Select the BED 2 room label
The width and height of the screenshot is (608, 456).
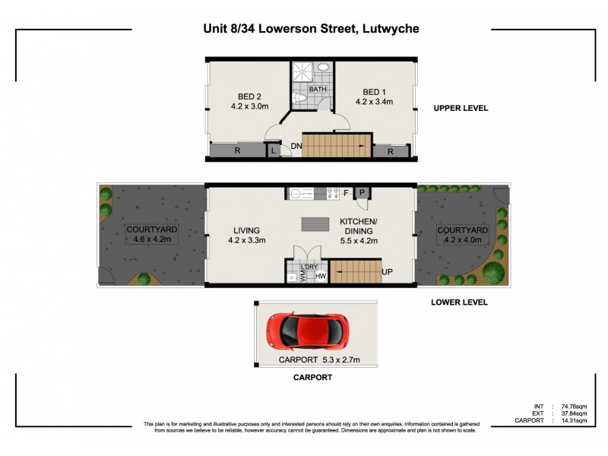(249, 97)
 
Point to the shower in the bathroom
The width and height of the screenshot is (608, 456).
(302, 72)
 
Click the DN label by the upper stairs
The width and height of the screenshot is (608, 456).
(296, 146)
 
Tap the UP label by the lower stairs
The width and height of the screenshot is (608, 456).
(387, 271)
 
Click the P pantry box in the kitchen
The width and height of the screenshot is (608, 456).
(363, 193)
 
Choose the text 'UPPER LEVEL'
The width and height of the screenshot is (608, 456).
(461, 109)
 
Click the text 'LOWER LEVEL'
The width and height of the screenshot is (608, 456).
(459, 302)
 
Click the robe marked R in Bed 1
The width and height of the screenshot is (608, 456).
(390, 152)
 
